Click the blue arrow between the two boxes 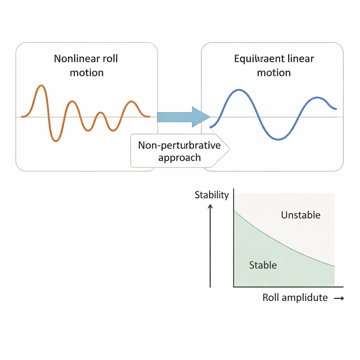pos(183,116)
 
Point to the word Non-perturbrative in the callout pos(179,145)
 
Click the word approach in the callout pos(179,157)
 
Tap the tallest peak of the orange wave pos(41,86)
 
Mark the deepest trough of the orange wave pos(55,141)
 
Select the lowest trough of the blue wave pos(278,139)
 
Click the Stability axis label pos(212,195)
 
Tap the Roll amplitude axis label pos(295,298)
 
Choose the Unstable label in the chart pos(301,215)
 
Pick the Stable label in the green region pos(263,265)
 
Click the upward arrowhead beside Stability pos(210,207)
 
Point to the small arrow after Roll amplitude pos(339,298)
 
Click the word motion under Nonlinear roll pos(86,73)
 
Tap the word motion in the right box pos(274,73)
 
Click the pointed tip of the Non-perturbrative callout pos(229,149)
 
